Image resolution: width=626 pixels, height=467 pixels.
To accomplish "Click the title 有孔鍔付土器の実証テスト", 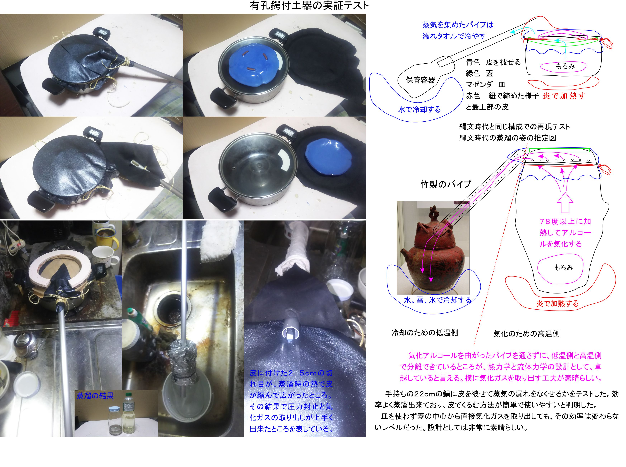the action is point(309,6).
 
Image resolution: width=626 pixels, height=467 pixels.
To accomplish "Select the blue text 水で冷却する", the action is point(419,109).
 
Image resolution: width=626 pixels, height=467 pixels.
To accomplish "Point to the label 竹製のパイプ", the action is point(446,184).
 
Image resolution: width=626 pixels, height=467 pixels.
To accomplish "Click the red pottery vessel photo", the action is point(433,248).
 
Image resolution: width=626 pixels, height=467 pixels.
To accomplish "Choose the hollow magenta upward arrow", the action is point(565,202).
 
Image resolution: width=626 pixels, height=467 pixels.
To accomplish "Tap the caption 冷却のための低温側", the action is point(425,333).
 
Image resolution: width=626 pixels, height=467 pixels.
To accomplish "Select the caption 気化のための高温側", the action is point(526,334).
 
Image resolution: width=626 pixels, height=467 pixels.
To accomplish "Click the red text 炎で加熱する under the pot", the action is point(557,304).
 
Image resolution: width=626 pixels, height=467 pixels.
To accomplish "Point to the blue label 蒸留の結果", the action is point(95,396).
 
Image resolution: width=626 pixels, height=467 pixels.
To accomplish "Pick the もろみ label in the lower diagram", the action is point(563,267).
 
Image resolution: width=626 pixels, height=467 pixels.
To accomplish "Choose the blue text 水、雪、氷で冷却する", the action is point(438,300).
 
